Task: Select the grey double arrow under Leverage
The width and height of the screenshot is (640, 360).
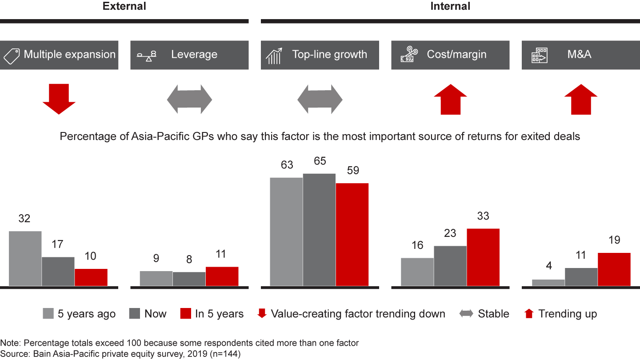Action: click(x=189, y=99)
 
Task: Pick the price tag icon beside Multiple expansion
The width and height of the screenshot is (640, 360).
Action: click(x=12, y=55)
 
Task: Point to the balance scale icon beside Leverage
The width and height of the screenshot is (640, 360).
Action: click(x=146, y=56)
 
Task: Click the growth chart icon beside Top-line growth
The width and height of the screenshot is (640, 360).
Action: click(x=275, y=56)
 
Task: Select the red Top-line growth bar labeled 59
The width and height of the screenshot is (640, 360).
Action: click(x=352, y=234)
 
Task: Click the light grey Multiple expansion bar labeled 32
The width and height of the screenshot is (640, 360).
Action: click(x=25, y=258)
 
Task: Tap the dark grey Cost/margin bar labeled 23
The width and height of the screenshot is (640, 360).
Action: click(x=450, y=266)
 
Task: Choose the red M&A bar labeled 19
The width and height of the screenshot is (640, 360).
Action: click(x=614, y=269)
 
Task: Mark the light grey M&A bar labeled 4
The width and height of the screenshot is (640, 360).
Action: click(x=548, y=283)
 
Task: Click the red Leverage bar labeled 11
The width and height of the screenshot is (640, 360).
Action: click(x=222, y=276)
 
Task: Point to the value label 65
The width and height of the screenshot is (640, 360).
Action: click(x=320, y=161)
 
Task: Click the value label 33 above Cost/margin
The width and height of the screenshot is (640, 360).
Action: click(x=483, y=216)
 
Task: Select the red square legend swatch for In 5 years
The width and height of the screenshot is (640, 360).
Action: click(x=186, y=314)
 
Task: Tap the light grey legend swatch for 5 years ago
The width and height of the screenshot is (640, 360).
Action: click(x=48, y=314)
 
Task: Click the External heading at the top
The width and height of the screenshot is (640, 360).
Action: click(x=124, y=6)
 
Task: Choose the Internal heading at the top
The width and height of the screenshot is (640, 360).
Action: click(x=450, y=6)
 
